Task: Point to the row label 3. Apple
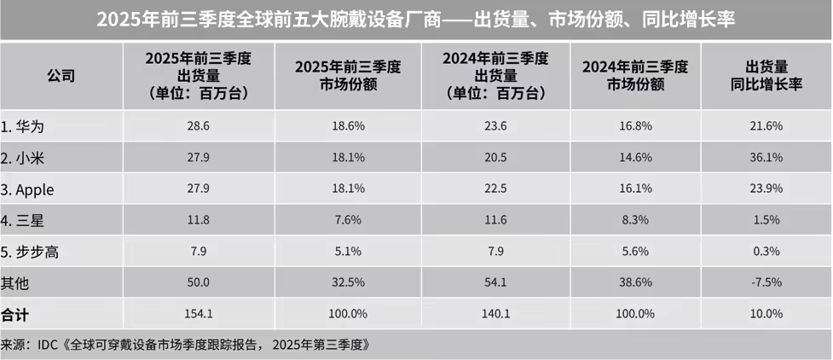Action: tap(29, 189)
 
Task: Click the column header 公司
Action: tap(61, 75)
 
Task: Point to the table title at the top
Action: tap(416, 19)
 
